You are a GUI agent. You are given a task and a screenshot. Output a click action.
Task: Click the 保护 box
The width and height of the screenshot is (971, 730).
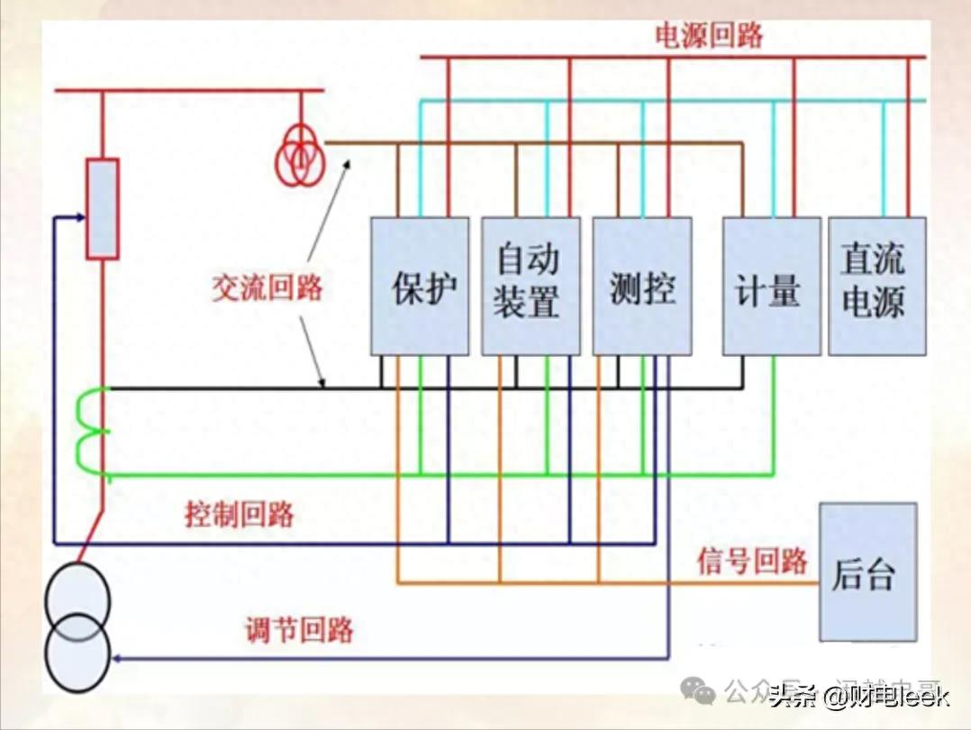point(420,286)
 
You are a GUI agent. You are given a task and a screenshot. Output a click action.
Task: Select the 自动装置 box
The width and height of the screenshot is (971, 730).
point(530,286)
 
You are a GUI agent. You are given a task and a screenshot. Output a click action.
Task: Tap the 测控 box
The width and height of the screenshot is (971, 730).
point(641,286)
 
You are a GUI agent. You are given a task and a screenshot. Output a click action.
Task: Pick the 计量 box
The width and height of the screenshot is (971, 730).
point(771,286)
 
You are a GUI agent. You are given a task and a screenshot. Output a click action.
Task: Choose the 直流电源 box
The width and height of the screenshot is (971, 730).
point(876,286)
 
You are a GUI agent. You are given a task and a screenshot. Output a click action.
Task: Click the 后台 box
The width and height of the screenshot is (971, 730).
point(867,572)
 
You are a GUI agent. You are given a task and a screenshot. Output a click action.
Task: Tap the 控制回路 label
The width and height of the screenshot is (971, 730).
point(240,515)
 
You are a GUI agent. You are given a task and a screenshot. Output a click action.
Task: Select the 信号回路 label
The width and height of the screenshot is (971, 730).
point(752,561)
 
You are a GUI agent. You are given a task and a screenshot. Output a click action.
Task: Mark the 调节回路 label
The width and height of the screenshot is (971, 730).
point(299,628)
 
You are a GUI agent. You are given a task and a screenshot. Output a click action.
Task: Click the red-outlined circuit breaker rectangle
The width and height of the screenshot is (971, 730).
point(102,208)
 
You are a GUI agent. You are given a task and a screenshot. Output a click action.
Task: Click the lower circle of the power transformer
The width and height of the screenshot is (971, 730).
point(78,652)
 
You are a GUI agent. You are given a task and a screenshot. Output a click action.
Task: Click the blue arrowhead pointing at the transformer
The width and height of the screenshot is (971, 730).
point(117,658)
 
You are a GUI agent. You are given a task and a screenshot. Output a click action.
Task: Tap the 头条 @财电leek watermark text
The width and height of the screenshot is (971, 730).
point(859,695)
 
